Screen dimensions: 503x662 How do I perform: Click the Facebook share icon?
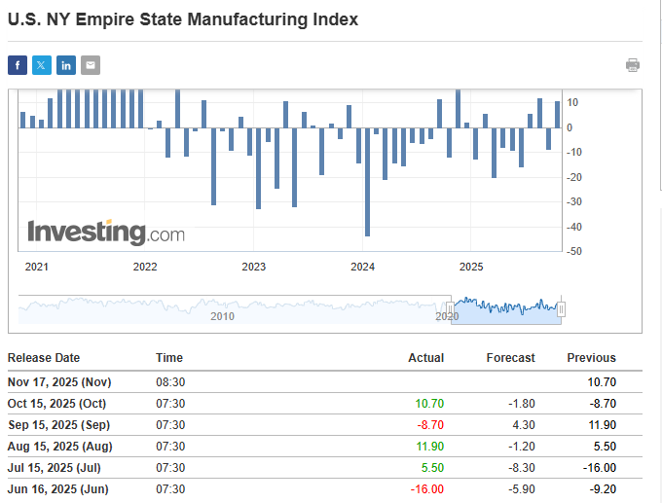(18, 65)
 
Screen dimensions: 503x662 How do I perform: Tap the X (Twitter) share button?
(42, 65)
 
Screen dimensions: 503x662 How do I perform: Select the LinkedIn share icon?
(66, 65)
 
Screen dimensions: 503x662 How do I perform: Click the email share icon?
(91, 65)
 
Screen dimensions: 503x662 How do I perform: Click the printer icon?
(633, 65)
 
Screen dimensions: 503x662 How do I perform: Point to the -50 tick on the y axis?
(575, 251)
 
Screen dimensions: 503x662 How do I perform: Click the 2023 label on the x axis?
(253, 267)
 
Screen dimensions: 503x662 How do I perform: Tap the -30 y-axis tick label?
(575, 201)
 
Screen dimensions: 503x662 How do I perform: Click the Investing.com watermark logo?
(105, 233)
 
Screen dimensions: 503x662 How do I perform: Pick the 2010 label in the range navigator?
(222, 316)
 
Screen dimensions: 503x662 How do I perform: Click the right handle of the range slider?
(561, 309)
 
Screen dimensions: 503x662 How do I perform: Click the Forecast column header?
(510, 358)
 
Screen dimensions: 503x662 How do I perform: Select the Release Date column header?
(44, 358)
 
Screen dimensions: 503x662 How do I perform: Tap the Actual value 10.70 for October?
(429, 403)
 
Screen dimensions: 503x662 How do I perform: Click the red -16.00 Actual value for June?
(426, 488)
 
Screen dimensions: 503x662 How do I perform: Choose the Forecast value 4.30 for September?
(521, 424)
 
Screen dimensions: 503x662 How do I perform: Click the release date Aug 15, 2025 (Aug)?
(59, 446)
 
